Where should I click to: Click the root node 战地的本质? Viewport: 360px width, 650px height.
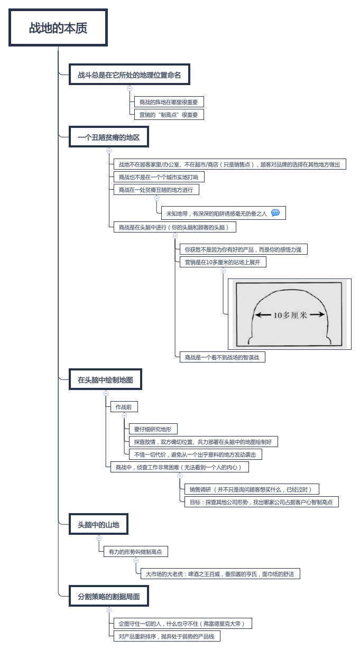pos(58,28)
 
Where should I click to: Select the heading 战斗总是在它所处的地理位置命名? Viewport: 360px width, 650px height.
pos(130,75)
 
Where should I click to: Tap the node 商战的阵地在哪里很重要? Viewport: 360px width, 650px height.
pos(169,102)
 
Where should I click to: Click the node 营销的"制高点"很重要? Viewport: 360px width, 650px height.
pos(169,115)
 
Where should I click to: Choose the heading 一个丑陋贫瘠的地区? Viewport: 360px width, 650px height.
pos(109,137)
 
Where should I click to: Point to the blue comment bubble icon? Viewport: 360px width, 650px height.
pos(275,213)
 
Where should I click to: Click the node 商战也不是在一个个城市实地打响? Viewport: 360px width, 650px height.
pos(159,177)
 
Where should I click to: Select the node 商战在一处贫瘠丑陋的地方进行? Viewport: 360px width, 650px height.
pos(156,190)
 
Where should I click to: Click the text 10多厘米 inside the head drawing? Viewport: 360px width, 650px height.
pos(289,315)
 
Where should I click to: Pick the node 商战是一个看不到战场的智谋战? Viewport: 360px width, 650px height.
pos(222,357)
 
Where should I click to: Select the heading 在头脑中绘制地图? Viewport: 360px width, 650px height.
pos(106,379)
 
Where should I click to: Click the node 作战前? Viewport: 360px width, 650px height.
pos(124,407)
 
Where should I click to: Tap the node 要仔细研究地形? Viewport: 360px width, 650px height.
pos(153,429)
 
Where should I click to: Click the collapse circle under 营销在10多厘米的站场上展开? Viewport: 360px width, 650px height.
pos(223,271)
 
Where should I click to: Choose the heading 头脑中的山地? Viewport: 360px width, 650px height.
pos(99,525)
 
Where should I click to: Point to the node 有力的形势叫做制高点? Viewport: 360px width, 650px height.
pos(135,552)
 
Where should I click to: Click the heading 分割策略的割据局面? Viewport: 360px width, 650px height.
pos(109,597)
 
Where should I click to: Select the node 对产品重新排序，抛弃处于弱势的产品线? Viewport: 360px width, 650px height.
pos(167,636)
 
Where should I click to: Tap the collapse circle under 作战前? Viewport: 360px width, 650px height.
pos(125,415)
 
